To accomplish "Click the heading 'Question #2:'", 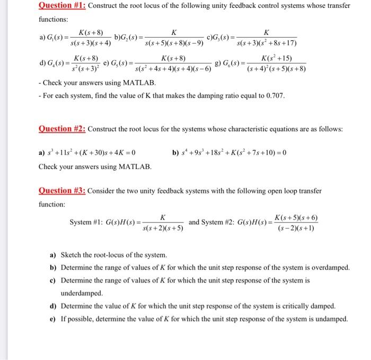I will point(63,129).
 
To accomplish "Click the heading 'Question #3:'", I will point(63,191).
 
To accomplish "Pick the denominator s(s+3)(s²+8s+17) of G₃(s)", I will point(267,43).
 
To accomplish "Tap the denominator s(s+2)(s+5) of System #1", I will point(163,229).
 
